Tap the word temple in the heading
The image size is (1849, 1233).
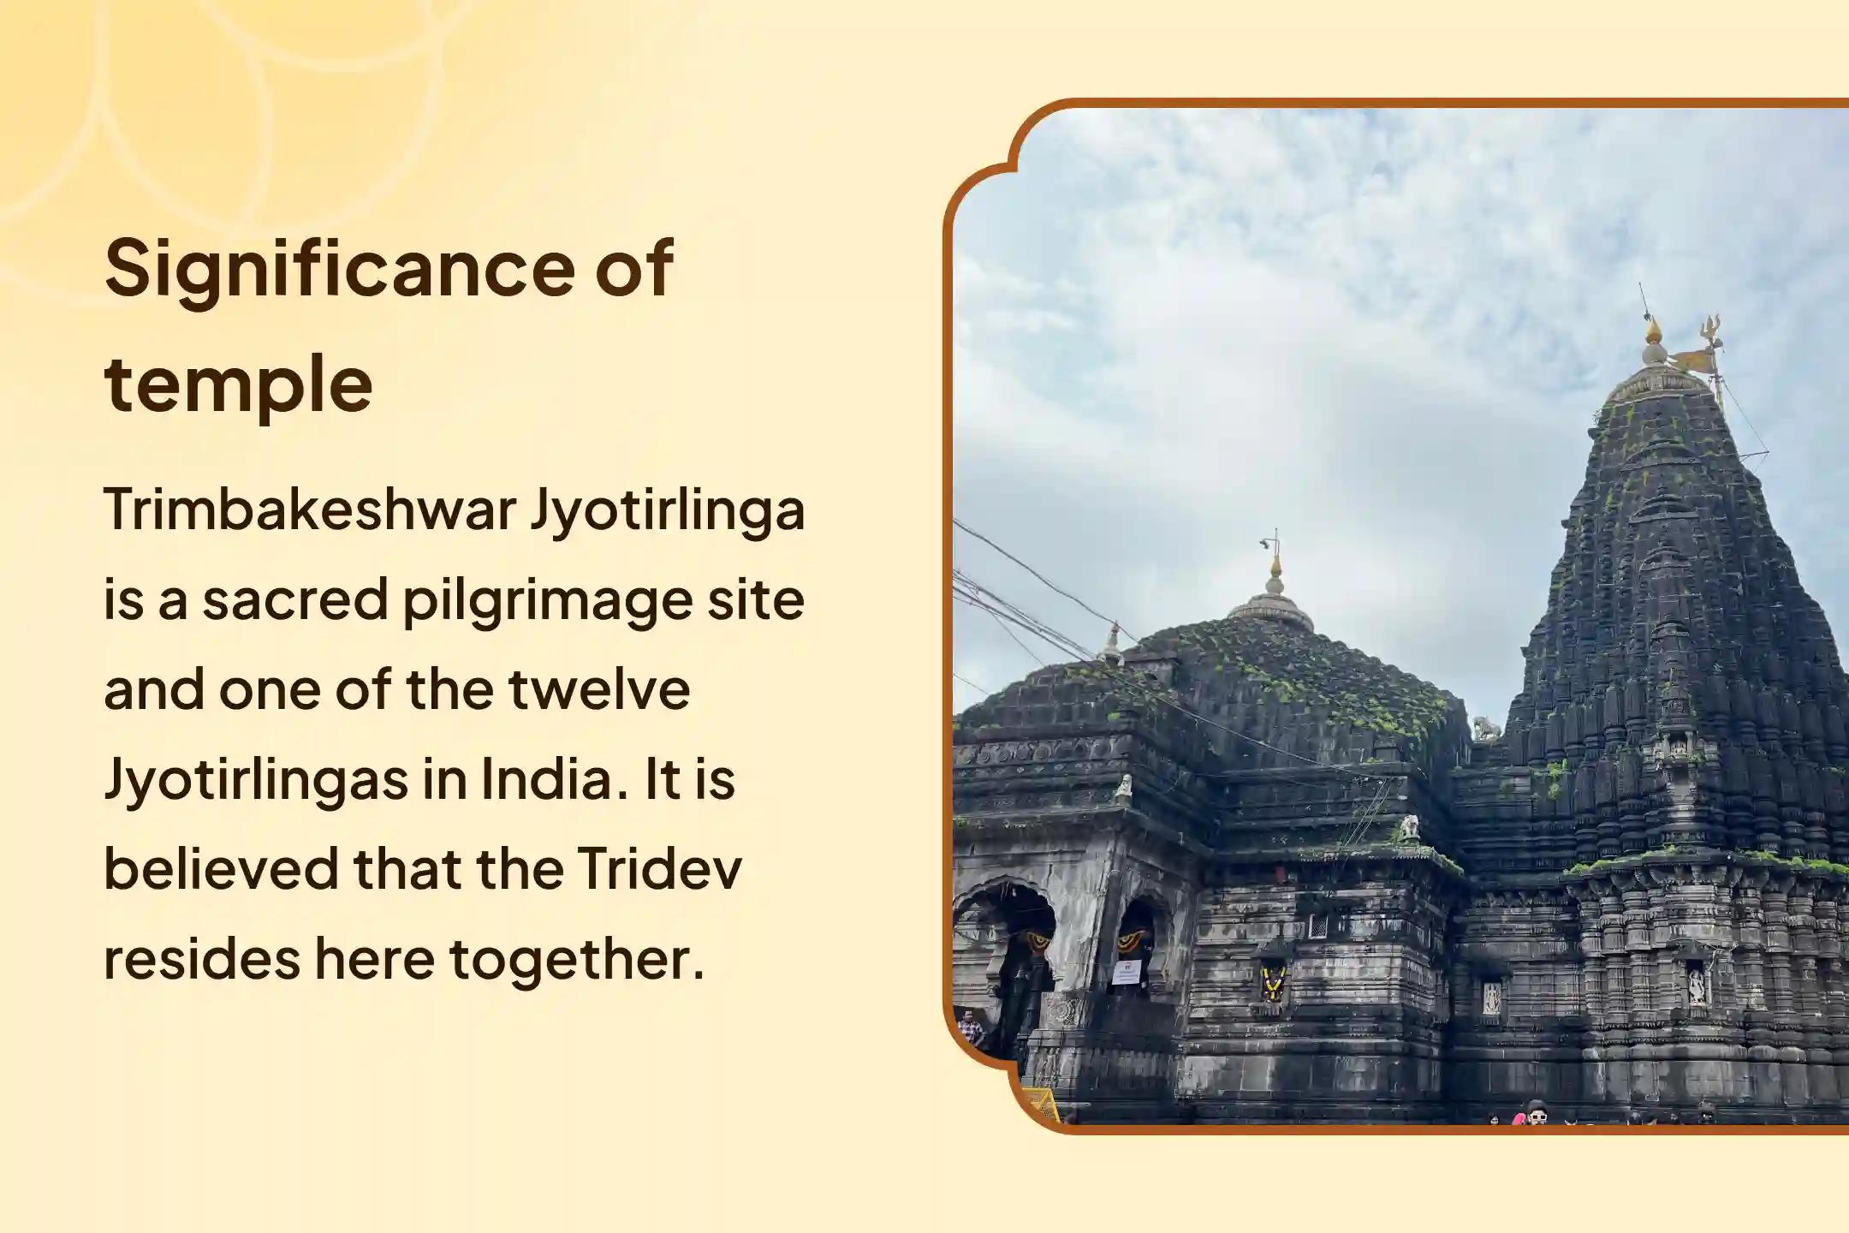pos(238,385)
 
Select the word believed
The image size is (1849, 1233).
pos(221,869)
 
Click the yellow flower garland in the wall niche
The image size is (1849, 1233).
pos(1272,985)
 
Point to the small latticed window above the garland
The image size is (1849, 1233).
pos(1319,926)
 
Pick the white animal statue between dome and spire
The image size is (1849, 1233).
pos(1486,730)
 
